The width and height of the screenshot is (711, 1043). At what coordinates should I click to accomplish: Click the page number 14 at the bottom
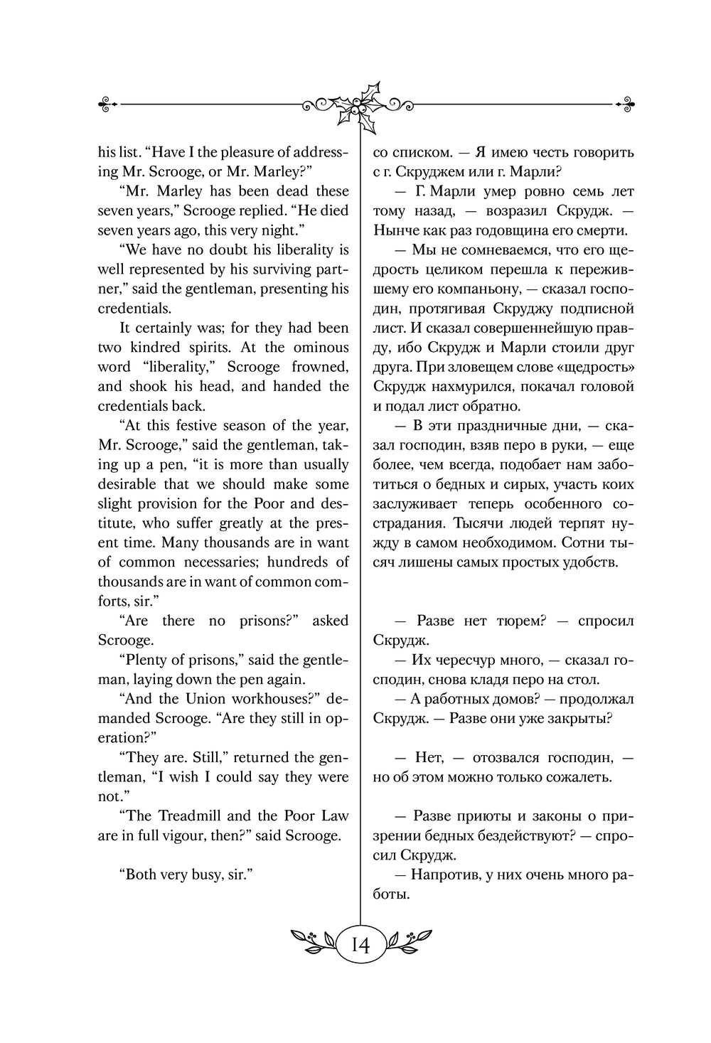click(x=358, y=945)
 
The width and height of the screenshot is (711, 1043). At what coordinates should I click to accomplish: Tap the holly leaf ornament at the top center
click(x=360, y=106)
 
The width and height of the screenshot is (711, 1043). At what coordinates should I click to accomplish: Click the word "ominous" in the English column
click(x=320, y=348)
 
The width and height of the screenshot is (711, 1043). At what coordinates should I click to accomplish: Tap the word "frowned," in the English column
click(x=320, y=367)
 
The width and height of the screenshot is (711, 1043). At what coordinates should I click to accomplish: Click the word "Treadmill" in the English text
click(x=190, y=816)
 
